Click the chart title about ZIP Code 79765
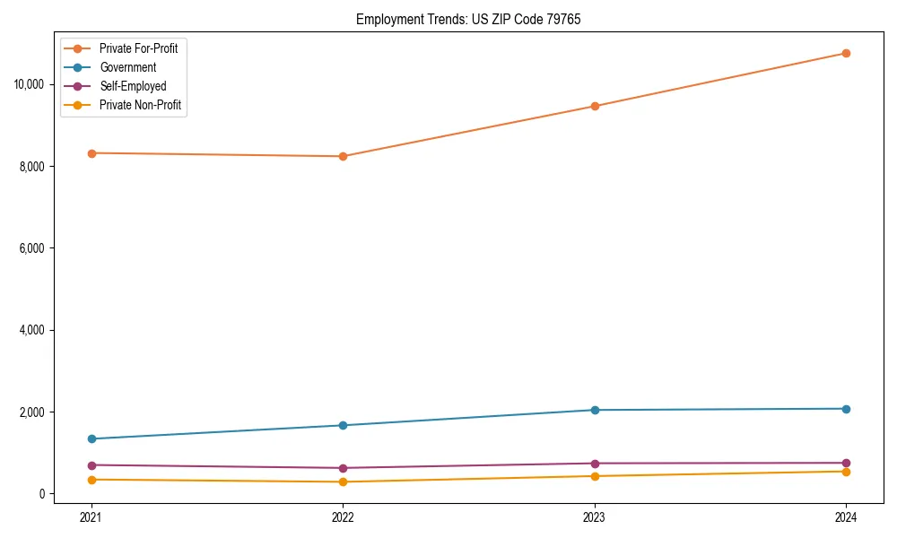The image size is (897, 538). [468, 20]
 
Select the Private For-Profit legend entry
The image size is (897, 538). [138, 48]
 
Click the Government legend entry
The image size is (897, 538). [127, 67]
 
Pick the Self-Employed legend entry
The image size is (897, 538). [133, 86]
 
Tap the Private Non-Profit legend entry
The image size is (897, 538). [140, 105]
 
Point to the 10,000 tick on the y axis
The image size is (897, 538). [30, 84]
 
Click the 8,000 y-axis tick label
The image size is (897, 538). [32, 167]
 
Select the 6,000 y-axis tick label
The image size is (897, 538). [32, 248]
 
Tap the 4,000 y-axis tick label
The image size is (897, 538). [32, 330]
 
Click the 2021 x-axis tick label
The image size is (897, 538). [91, 516]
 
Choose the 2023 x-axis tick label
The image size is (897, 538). [594, 516]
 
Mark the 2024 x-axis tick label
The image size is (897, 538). [846, 516]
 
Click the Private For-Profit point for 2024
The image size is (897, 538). [846, 53]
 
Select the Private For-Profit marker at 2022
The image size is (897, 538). [343, 156]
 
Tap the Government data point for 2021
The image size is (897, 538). [91, 438]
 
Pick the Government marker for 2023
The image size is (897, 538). [594, 410]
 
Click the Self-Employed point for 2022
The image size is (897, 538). [343, 468]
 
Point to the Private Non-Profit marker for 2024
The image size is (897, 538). [846, 472]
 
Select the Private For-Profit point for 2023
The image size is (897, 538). [594, 106]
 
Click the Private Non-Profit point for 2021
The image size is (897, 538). [91, 480]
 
